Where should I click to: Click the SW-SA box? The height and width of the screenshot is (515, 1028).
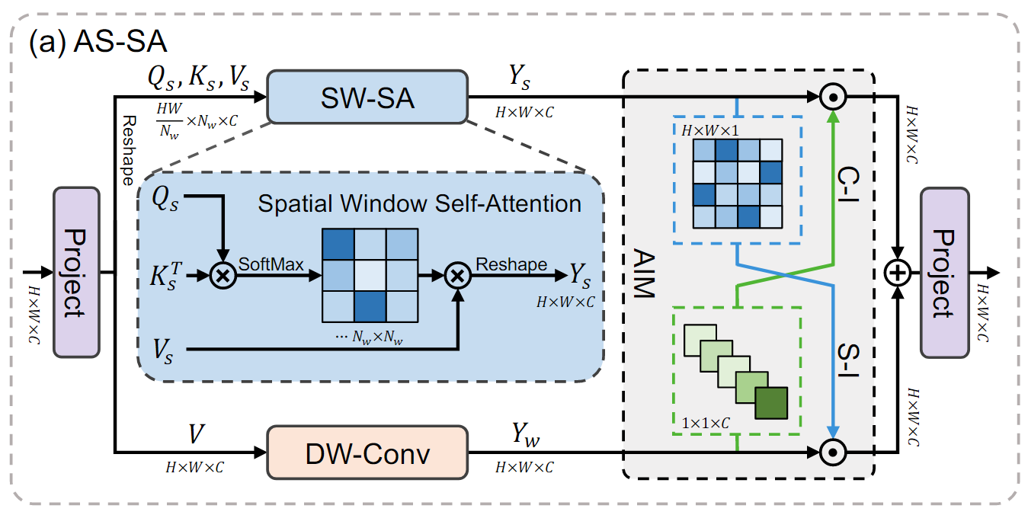(x=367, y=97)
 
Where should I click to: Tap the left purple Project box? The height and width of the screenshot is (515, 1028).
(x=76, y=272)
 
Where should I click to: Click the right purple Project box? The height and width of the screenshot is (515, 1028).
(x=944, y=272)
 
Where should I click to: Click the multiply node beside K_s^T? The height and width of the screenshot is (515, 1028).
(x=223, y=274)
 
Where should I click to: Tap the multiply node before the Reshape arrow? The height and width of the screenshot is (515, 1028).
(x=457, y=274)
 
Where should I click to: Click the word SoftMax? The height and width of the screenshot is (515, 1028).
(x=272, y=264)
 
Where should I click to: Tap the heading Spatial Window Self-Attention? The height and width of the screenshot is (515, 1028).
(x=419, y=203)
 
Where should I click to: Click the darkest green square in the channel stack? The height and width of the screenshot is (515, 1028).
(x=771, y=403)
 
